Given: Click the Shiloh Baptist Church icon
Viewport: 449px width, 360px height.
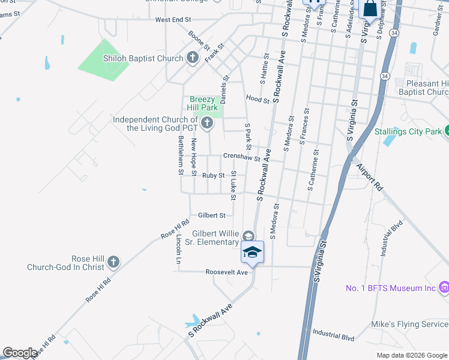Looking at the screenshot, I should pyautogui.click(x=192, y=58).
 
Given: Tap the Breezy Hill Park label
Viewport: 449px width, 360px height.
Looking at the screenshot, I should pyautogui.click(x=203, y=103).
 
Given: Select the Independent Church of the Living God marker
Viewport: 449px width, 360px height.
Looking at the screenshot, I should pyautogui.click(x=207, y=124).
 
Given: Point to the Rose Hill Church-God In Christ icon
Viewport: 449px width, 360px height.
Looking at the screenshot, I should pyautogui.click(x=113, y=262).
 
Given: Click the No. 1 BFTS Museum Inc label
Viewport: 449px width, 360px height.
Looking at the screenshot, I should pyautogui.click(x=390, y=289).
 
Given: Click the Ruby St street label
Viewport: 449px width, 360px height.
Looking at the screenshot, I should pyautogui.click(x=213, y=175).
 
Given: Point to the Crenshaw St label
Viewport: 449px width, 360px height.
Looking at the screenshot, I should pyautogui.click(x=241, y=157).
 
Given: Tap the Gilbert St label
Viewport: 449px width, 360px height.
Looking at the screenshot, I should pyautogui.click(x=211, y=215).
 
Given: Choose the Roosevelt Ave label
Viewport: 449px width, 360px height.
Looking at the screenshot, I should pyautogui.click(x=226, y=272).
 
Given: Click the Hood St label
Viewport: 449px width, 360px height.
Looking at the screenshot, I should pyautogui.click(x=257, y=99).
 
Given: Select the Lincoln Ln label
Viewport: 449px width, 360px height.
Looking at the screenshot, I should pyautogui.click(x=179, y=250).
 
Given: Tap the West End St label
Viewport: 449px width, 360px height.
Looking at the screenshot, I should pyautogui.click(x=173, y=20).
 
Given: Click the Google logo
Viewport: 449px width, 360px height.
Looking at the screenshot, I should pyautogui.click(x=20, y=353).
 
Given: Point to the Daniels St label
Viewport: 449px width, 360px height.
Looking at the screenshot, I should pyautogui.click(x=224, y=89).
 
